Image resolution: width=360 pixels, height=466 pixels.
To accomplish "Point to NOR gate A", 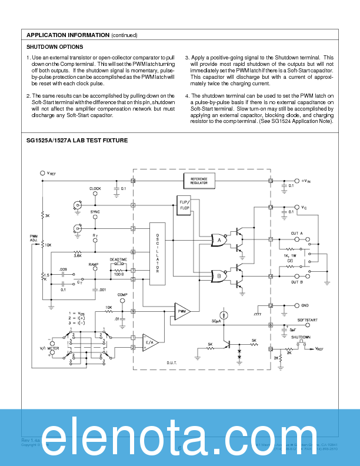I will pos(220,240).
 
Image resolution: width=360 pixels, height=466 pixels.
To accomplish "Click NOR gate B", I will pos(220,275).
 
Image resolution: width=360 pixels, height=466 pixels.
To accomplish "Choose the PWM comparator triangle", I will pos(182,311).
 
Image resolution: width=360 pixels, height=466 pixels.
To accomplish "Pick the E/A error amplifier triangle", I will pos(151,342).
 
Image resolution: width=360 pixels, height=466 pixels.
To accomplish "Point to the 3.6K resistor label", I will pos(77,255).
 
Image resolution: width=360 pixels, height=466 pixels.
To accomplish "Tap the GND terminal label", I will pos(305,305).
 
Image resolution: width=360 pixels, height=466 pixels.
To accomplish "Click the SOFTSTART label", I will pos(307,320).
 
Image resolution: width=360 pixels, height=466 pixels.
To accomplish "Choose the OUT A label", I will pos(297,234).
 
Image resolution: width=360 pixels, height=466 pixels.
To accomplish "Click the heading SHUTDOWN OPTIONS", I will pos(55,46).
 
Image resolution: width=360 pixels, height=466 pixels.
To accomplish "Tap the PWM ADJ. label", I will pos(34,238).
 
